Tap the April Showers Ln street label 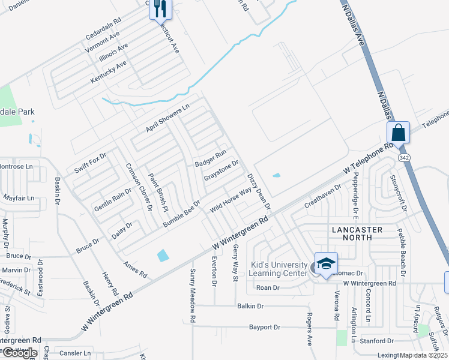tap(167, 119)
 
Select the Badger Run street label tap(210, 159)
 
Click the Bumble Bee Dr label tap(181, 213)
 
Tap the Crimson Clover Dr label tap(139, 187)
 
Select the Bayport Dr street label tap(265, 328)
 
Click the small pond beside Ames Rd tap(163, 255)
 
